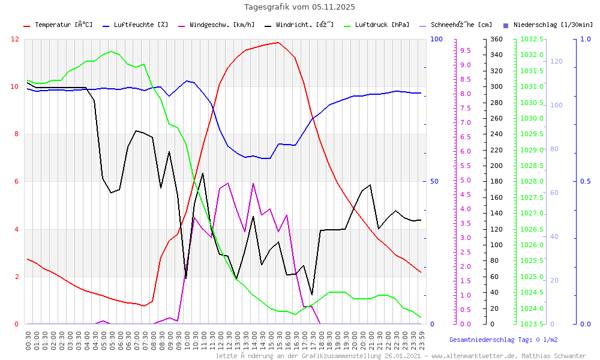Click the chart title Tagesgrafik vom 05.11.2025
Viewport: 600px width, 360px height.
coord(299,7)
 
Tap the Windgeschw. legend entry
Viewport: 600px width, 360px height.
coord(221,25)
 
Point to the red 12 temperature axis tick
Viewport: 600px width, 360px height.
coord(15,39)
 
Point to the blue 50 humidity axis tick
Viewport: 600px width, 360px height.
coord(436,182)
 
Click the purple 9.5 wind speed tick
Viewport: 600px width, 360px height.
coord(466,51)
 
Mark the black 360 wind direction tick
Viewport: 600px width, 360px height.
coord(496,39)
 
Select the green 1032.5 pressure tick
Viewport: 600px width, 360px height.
coord(532,39)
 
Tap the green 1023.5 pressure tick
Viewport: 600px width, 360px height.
coord(532,324)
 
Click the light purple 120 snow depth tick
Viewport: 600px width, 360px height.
coord(556,61)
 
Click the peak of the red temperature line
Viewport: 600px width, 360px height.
coord(277,43)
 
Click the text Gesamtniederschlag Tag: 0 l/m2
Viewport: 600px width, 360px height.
coord(503,340)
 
